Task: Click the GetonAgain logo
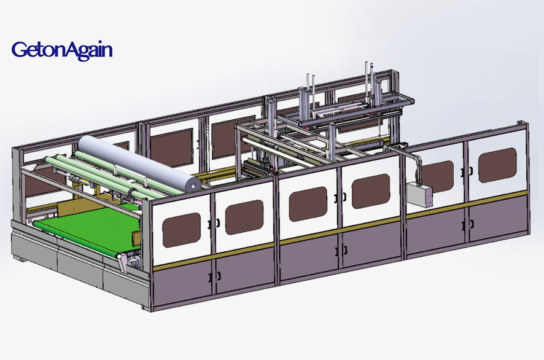coord(62,50)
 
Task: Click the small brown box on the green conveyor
coord(136,238)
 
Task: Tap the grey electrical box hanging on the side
coord(419,195)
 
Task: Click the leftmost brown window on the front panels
coord(182,230)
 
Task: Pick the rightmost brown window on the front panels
coord(497,165)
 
